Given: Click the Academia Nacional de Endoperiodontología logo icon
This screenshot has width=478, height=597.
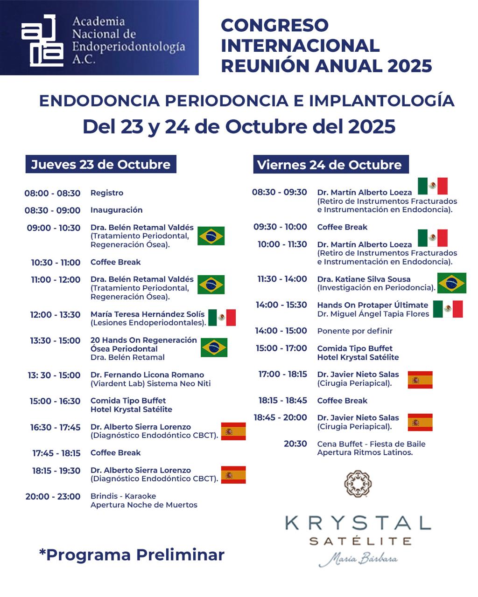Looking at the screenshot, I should tap(42, 40).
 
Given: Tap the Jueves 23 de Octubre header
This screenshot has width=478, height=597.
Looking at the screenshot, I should tap(101, 164).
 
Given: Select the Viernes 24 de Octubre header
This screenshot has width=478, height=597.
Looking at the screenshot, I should tap(330, 165).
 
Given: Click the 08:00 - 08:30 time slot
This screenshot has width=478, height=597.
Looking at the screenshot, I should tap(52, 193).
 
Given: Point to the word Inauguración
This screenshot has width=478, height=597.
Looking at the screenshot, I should tap(117, 210).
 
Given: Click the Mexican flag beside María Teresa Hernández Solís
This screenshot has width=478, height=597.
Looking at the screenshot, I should tap(222, 318).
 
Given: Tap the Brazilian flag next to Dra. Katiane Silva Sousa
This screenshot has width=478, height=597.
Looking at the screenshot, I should tap(452, 283).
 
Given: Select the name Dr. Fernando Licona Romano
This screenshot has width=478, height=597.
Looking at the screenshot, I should tap(147, 375).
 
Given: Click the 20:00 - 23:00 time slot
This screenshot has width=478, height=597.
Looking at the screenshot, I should tap(53, 497).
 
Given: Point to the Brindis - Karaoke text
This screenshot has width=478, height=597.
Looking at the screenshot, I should tap(123, 496).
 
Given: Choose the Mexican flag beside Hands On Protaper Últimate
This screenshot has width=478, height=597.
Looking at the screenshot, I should tap(448, 309).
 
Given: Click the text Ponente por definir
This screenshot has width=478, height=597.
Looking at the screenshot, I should tap(355, 331).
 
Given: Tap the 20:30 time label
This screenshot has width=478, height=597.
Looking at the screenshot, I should tap(295, 444).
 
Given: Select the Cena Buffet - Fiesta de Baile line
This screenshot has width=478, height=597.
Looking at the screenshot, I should tap(371, 444).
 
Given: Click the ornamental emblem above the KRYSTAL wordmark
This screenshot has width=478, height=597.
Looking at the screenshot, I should tap(358, 483).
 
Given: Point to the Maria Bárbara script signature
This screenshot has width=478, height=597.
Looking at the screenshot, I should tap(358, 558).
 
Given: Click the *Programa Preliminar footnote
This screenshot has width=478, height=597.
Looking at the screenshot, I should tap(132, 555).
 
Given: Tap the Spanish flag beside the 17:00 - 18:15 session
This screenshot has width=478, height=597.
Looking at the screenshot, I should tap(420, 380).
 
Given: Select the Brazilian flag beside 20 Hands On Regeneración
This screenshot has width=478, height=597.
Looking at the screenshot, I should tap(214, 347).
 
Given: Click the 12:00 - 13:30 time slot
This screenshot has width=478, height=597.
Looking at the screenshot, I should tap(55, 315).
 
